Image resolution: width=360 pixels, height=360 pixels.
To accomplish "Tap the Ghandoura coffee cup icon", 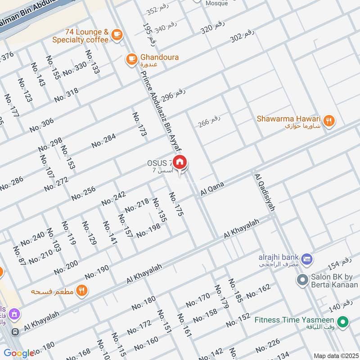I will click(x=131, y=59).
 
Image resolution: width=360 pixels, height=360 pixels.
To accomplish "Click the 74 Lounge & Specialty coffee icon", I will click(x=117, y=35).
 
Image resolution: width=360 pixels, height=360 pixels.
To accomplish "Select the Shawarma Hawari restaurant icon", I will click(x=329, y=121).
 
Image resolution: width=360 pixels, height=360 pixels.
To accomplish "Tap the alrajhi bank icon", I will click(x=307, y=258).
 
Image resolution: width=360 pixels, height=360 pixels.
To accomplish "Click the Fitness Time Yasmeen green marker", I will click(x=344, y=322).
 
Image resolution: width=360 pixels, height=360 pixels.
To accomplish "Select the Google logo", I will click(x=19, y=353).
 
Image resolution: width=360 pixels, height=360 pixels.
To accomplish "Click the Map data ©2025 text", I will click(x=335, y=356).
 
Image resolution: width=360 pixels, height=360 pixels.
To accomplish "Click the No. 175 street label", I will click(x=176, y=205).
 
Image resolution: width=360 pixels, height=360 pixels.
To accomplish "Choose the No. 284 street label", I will click(x=103, y=141).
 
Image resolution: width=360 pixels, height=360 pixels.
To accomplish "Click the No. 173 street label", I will click(x=140, y=124).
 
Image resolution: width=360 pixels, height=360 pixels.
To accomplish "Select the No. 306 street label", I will click(x=41, y=125).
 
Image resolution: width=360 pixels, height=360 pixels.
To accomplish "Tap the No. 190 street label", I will click(x=97, y=272).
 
